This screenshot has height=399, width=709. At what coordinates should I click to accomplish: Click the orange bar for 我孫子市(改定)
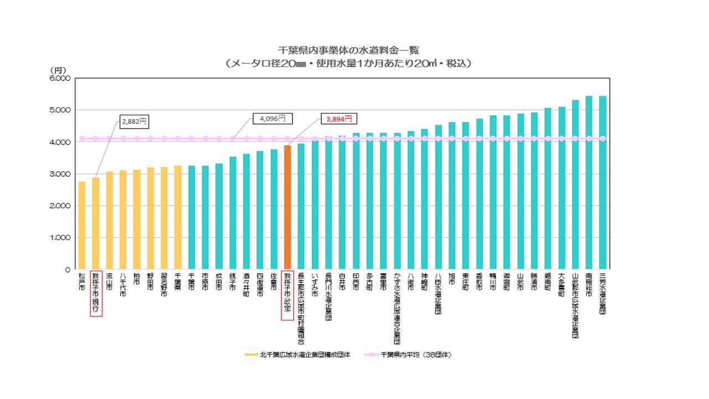click(287, 208)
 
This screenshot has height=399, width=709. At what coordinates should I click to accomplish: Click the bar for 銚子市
click(232, 213)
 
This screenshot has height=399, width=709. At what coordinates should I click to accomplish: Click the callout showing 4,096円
click(272, 118)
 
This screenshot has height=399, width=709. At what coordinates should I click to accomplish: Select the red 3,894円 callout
click(338, 119)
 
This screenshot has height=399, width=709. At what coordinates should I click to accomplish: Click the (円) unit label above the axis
click(58, 70)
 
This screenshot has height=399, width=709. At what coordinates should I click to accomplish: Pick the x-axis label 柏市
click(136, 280)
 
